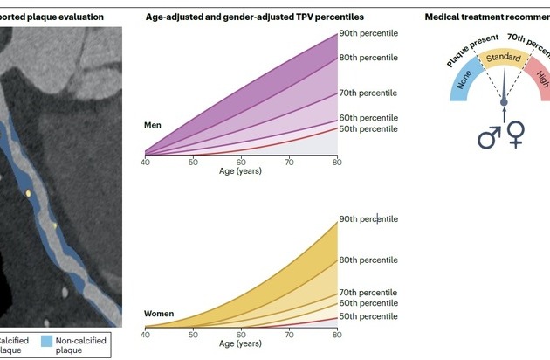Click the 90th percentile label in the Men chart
pos(368,34)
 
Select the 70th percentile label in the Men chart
pos(368,92)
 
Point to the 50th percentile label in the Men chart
pos(368,129)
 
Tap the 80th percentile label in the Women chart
pos(368,260)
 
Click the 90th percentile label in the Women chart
pos(368,218)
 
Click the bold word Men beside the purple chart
pos(154,125)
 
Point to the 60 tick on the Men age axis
pos(241,163)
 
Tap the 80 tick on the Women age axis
pos(336,334)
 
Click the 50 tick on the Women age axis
pos(193,334)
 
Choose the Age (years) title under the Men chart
pos(241,170)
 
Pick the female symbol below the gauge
pos(518,133)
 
